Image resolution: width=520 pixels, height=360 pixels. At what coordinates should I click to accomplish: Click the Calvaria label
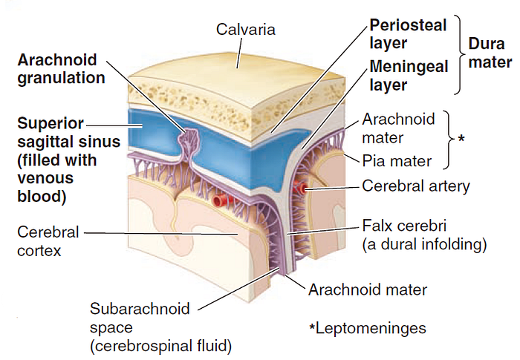[246, 30]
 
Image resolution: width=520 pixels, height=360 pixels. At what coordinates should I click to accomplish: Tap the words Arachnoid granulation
[61, 68]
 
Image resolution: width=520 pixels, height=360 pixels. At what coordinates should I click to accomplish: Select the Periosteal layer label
[408, 34]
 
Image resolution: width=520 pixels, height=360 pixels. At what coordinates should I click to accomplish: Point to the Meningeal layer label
[409, 76]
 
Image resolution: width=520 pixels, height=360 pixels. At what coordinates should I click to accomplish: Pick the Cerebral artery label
[415, 186]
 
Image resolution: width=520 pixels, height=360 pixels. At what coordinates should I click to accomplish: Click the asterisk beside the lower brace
[461, 139]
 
